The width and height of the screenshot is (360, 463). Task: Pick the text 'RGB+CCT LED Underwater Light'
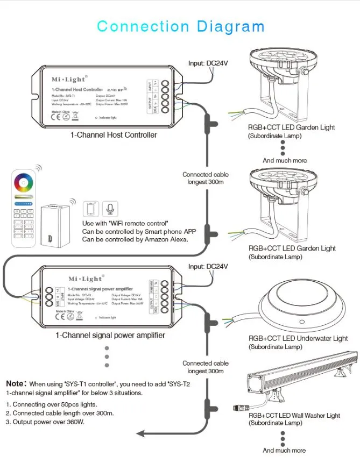[298, 339]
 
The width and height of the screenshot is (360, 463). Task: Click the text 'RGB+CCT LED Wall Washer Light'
[294, 416]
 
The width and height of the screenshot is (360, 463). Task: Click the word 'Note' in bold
[16, 384]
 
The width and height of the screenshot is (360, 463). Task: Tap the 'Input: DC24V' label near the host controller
[208, 63]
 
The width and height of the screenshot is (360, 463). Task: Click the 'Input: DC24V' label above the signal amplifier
[208, 267]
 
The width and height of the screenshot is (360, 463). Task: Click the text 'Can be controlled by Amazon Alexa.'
[135, 239]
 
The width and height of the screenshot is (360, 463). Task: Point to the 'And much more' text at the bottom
[284, 451]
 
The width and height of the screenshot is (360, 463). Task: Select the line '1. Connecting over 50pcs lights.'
[52, 404]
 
